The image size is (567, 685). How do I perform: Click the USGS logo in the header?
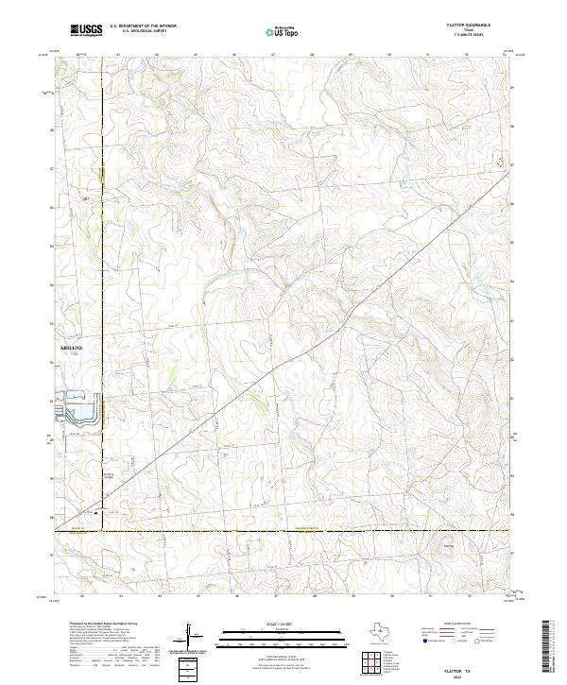tap(86, 30)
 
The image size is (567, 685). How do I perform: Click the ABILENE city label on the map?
tap(72, 348)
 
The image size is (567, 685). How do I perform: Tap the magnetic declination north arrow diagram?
tap(189, 638)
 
